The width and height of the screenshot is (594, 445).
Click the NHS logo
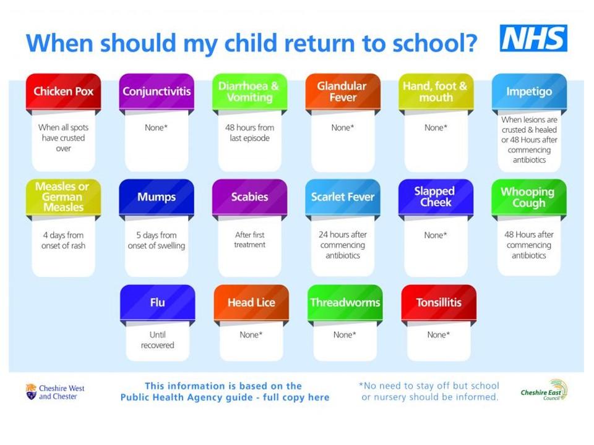click(x=533, y=38)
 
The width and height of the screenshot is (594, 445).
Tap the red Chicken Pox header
click(x=63, y=91)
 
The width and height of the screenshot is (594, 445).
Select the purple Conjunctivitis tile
click(x=157, y=91)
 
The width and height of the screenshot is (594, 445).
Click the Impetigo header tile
click(x=529, y=91)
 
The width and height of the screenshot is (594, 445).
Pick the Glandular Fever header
click(x=343, y=91)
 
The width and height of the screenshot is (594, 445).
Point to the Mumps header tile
click(x=157, y=197)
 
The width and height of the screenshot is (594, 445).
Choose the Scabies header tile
click(x=249, y=197)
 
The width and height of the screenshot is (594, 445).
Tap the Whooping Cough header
click(x=529, y=197)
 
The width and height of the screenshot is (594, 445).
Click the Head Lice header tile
click(x=251, y=303)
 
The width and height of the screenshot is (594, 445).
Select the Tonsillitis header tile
click(x=439, y=303)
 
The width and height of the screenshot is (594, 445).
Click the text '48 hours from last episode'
click(x=249, y=133)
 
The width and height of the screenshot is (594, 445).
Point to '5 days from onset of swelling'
click(x=157, y=240)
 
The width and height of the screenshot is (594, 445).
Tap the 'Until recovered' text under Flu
click(x=158, y=340)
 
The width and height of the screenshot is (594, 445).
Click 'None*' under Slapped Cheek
click(x=436, y=235)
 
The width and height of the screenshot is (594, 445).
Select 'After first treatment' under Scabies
click(x=249, y=240)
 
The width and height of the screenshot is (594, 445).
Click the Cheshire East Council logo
click(x=544, y=390)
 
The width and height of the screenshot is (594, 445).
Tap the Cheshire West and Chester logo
click(x=55, y=392)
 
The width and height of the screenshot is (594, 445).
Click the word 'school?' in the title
click(x=434, y=43)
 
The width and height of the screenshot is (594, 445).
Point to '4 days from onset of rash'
click(x=63, y=240)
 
